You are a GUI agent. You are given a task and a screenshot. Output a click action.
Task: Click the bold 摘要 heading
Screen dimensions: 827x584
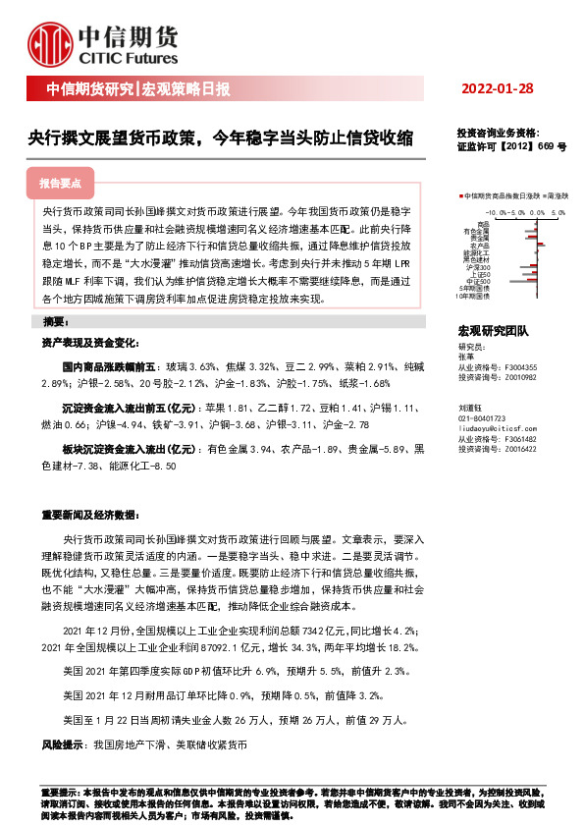(x=55, y=322)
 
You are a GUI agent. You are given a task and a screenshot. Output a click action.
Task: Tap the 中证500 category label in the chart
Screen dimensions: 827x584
(x=480, y=281)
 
